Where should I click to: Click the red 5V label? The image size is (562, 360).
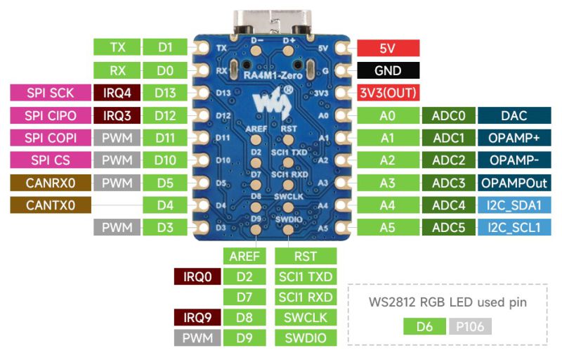coord(388,48)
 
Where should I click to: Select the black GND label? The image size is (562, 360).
coord(388,70)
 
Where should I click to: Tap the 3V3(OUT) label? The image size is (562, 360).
coord(388,93)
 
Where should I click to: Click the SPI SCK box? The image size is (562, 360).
coord(51,93)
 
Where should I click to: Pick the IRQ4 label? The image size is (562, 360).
coord(117,93)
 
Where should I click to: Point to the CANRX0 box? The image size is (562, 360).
coord(51,183)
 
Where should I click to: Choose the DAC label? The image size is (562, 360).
coord(514,115)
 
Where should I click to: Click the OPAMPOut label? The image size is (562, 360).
coord(514,183)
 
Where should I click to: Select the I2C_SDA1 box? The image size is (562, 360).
coord(514,205)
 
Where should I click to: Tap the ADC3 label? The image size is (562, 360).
coord(449,183)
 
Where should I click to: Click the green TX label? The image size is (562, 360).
coord(117,47)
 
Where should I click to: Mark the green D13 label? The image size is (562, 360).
coord(165,93)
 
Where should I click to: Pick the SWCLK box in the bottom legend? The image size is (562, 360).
coord(306,317)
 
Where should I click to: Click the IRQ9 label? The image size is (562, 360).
coord(197,317)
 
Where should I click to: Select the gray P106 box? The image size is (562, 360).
coord(470,326)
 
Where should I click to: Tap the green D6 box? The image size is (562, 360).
coord(425,326)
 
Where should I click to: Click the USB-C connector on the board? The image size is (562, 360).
coord(272,23)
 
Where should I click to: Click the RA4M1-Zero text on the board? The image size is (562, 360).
coord(273,75)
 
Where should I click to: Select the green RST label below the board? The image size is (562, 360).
coord(306,256)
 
